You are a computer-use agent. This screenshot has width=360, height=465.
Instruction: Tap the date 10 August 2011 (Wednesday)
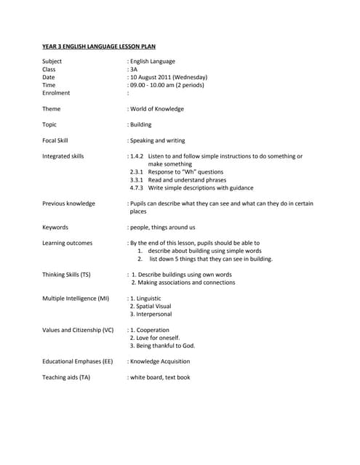pyautogui.click(x=169, y=77)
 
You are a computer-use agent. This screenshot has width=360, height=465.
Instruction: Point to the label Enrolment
pyautogui.click(x=56, y=93)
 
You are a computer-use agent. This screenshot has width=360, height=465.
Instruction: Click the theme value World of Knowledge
pyautogui.click(x=157, y=109)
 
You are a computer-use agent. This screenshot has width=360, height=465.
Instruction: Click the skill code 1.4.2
pyautogui.click(x=137, y=156)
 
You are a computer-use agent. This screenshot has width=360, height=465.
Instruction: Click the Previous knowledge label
pyautogui.click(x=68, y=203)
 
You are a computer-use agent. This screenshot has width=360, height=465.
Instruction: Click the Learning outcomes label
pyautogui.click(x=67, y=243)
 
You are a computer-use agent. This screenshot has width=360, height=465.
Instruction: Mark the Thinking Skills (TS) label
pyautogui.click(x=66, y=275)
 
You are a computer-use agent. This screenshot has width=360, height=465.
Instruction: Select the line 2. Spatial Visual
pyautogui.click(x=151, y=306)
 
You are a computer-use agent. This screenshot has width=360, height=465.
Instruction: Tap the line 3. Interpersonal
pyautogui.click(x=151, y=314)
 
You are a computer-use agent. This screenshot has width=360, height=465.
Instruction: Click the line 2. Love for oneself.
pyautogui.click(x=154, y=338)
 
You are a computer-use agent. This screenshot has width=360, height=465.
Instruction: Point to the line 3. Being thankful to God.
pyautogui.click(x=162, y=346)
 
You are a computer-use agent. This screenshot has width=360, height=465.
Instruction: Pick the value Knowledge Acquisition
pyautogui.click(x=160, y=361)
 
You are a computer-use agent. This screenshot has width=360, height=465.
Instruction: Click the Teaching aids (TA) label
pyautogui.click(x=66, y=377)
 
